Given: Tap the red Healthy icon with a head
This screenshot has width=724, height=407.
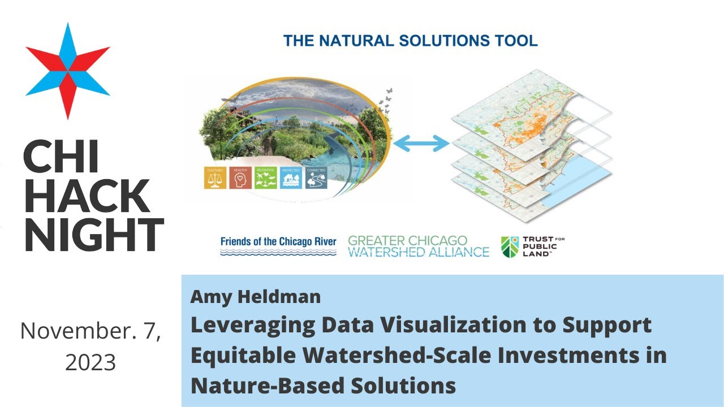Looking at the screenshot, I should (240, 178).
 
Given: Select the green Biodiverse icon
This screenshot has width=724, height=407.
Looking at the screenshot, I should (266, 178).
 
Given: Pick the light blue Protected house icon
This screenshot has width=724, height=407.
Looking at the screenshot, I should (291, 178).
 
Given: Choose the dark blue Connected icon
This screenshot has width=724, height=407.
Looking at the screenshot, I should (316, 178).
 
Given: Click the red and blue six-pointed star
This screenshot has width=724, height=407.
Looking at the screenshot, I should (67, 71).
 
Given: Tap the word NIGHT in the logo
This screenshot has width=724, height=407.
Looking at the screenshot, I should (93, 235).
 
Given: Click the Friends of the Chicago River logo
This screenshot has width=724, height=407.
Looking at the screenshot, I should (278, 246).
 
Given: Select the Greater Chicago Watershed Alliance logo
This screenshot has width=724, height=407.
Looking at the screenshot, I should (418, 246).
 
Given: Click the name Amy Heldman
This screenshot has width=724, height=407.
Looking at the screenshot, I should (256, 297).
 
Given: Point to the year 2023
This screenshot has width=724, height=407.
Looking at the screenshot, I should (90, 362).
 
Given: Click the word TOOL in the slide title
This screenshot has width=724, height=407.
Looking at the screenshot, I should (516, 41).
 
